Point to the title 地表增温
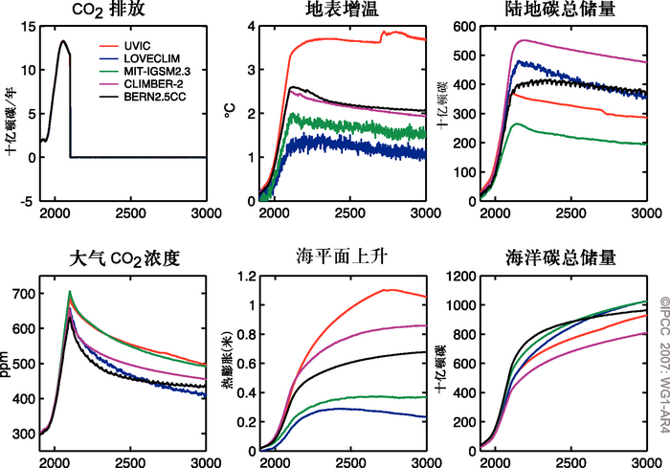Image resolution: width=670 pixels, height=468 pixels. (x=343, y=11)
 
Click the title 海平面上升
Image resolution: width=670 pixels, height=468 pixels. (x=341, y=258)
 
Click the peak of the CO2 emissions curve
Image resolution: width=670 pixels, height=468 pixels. (x=62, y=41)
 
